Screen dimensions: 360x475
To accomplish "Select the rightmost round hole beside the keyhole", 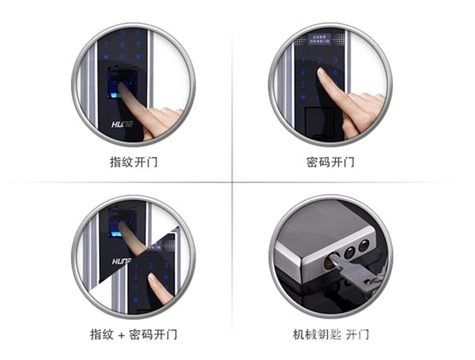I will (x=363, y=245).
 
